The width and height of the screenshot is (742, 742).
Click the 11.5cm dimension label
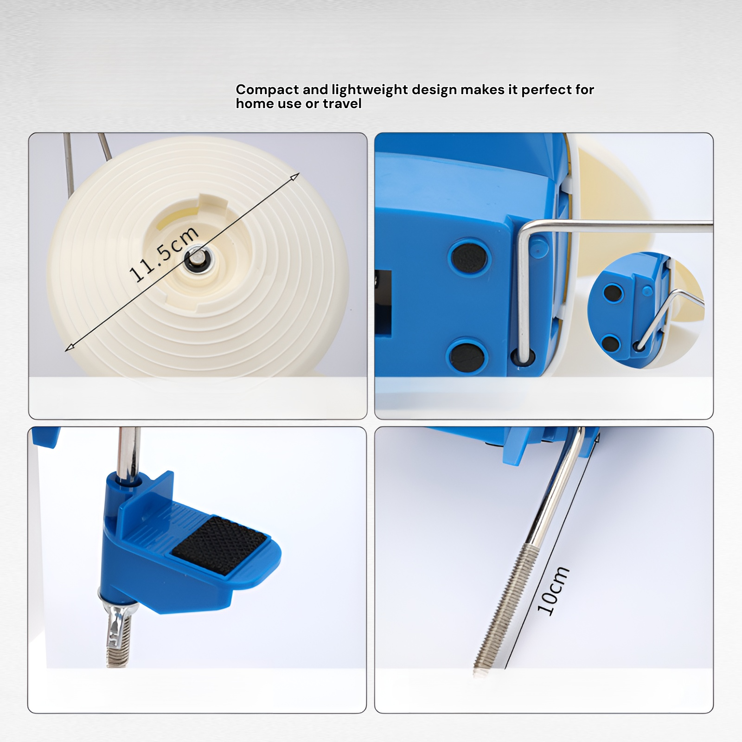[165, 254]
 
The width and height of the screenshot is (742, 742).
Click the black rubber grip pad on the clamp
[219, 545]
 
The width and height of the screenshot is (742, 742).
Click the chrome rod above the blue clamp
[128, 452]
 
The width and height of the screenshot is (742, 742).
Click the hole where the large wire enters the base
[523, 357]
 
